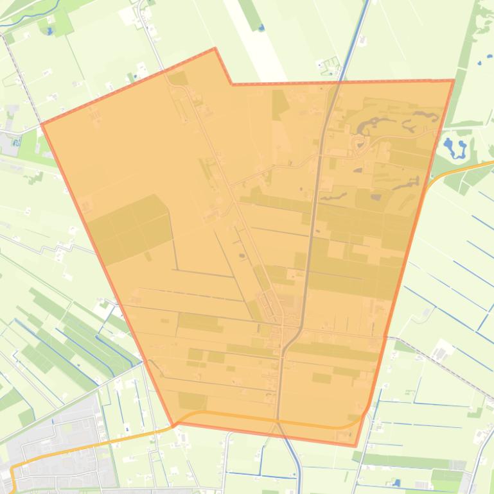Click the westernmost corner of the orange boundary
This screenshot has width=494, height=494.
point(42,124)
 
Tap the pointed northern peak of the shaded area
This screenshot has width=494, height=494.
point(215,48)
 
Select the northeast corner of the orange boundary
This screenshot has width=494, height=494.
point(454,80)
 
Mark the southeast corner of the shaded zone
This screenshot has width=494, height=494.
point(356,445)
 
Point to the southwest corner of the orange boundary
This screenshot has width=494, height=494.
point(172,425)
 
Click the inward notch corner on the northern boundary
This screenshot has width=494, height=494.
point(232,83)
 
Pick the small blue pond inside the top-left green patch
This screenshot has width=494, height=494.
point(49,30)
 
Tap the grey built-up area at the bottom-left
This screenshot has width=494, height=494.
point(58,443)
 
